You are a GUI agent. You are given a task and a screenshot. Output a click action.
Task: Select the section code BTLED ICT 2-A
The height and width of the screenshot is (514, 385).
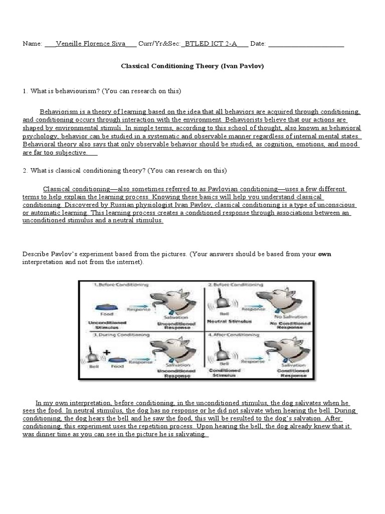[x=210, y=44]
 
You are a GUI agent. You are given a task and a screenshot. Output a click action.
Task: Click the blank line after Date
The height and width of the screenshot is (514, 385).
[x=306, y=44]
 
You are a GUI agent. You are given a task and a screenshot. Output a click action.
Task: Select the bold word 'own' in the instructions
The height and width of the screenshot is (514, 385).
[x=325, y=254]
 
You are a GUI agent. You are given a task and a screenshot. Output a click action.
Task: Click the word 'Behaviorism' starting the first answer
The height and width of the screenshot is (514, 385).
[x=58, y=111]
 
